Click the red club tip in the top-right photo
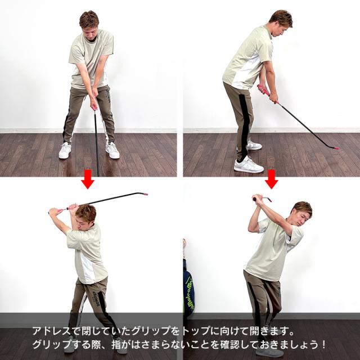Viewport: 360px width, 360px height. coord(336,148)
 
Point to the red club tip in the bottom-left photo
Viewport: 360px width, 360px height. coord(146,193)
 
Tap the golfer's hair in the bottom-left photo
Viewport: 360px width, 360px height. coord(86,211)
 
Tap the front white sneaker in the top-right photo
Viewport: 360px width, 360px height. coord(247,165)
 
